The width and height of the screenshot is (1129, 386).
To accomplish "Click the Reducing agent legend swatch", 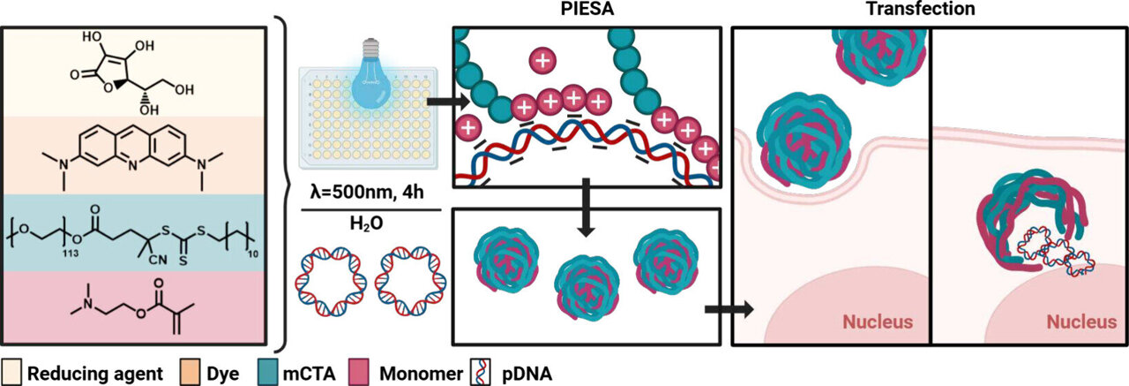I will (12, 373).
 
